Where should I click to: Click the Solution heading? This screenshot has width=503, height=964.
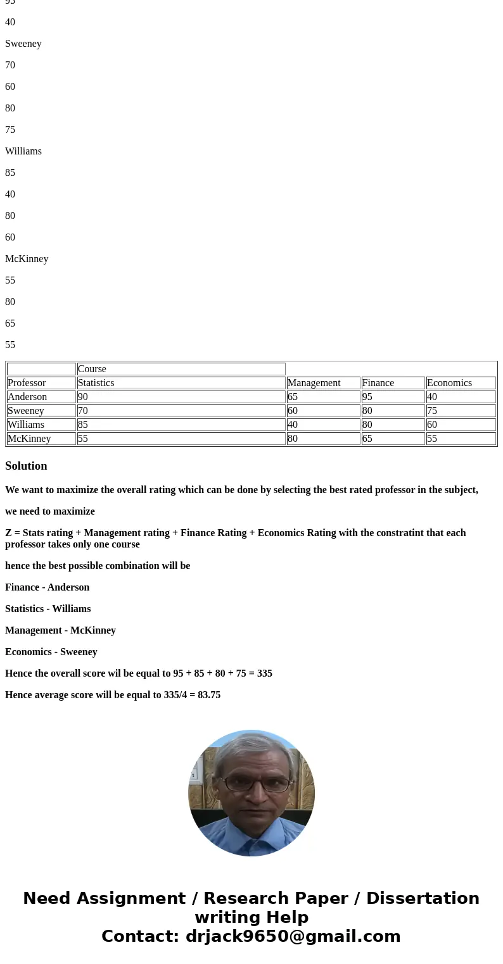(x=26, y=466)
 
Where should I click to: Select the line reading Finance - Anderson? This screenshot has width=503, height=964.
(x=47, y=587)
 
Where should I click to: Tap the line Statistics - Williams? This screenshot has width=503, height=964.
(x=48, y=609)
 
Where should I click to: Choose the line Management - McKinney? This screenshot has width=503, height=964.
(x=60, y=630)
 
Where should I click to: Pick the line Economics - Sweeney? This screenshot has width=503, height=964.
(x=51, y=652)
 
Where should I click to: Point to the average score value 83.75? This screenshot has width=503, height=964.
(x=209, y=695)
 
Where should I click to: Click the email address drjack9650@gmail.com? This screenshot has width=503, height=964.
(x=293, y=937)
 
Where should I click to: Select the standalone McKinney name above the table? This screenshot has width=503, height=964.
(x=27, y=259)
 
